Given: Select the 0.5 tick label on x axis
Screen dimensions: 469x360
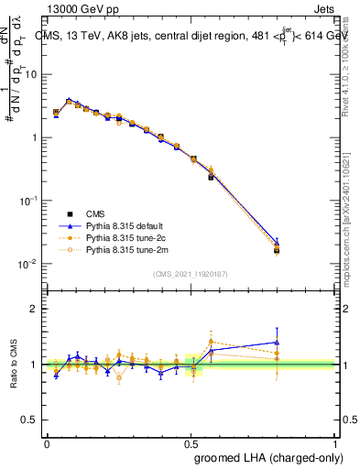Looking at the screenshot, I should point(191,442).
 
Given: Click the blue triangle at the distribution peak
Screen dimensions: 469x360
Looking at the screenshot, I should point(69,100).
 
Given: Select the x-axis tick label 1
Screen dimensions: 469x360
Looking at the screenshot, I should point(336,442).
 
